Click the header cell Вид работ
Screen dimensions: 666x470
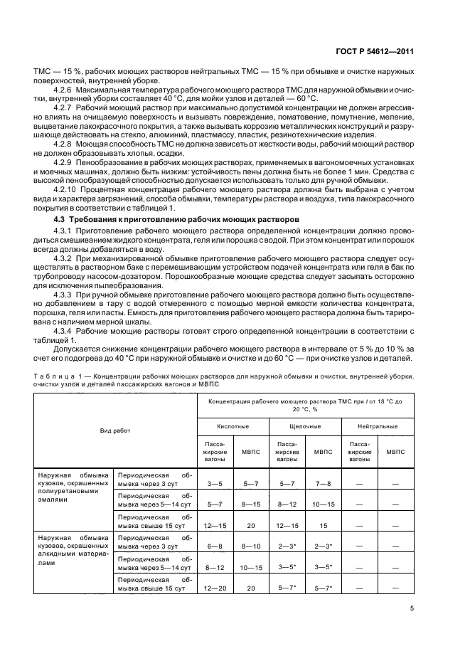pyautogui.click(x=114, y=430)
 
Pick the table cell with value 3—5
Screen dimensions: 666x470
pyautogui.click(x=215, y=483)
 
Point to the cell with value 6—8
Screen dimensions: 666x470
pyautogui.click(x=215, y=546)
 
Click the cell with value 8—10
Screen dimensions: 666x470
pyautogui.click(x=251, y=546)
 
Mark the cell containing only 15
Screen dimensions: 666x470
pyautogui.click(x=324, y=525)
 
